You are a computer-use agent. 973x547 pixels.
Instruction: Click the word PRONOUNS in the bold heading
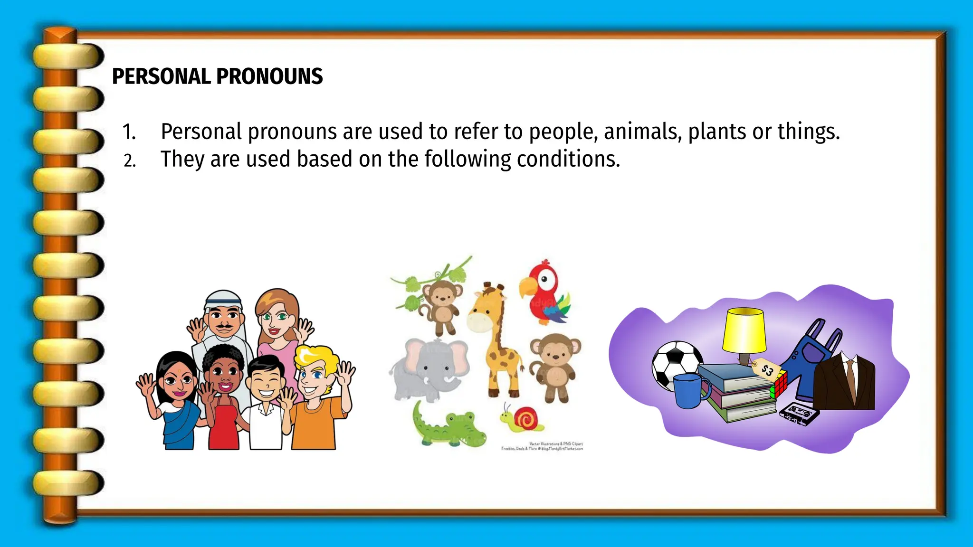269,76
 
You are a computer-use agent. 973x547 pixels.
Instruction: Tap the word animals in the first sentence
642,132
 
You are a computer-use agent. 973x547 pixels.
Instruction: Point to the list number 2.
129,161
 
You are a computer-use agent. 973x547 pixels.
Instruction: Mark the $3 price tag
766,369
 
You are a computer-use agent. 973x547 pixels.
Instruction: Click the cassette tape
800,413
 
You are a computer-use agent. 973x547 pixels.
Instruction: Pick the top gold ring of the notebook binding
68,56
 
